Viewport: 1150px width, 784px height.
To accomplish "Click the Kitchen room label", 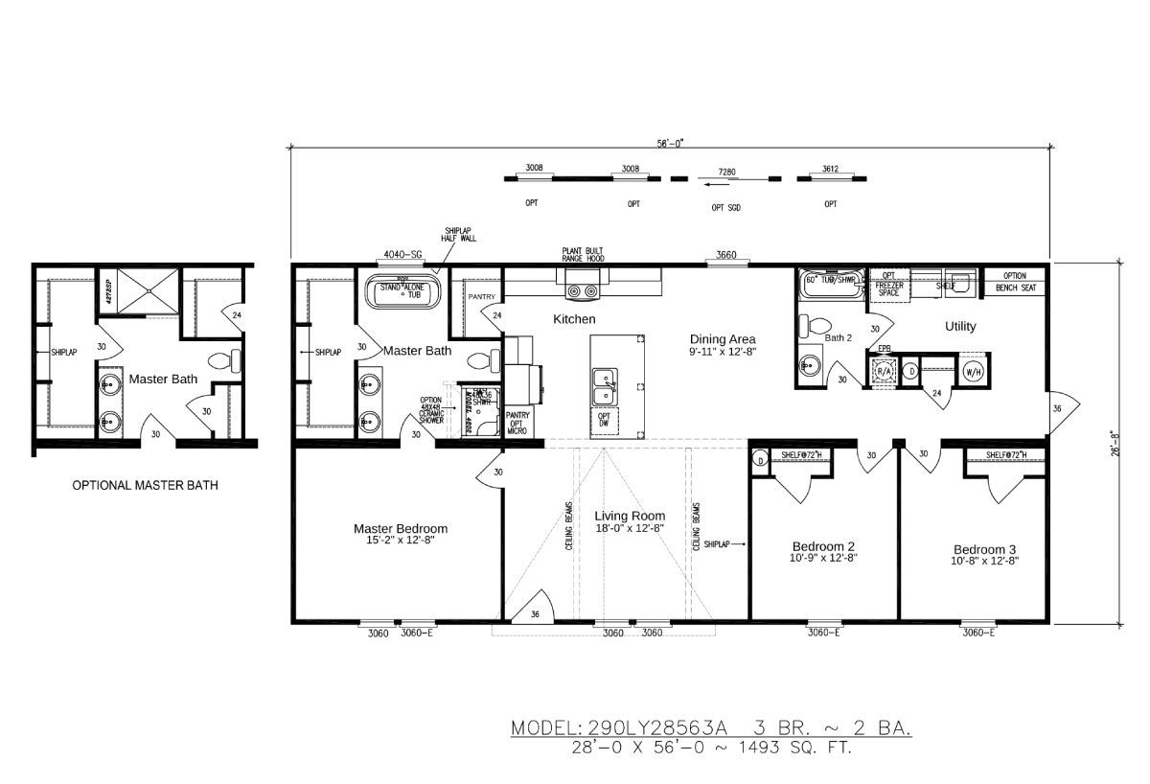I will click(x=574, y=319).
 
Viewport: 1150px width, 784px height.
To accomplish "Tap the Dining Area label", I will click(x=723, y=339).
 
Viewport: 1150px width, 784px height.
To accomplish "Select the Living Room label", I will click(x=629, y=516).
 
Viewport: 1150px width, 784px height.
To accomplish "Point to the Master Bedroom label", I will click(x=400, y=528).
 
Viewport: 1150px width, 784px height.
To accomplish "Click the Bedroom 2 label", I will click(x=822, y=547).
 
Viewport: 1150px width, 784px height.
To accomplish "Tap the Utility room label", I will click(x=960, y=327).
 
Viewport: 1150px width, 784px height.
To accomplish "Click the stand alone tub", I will click(x=402, y=291).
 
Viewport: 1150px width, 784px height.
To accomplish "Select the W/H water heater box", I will click(x=973, y=371).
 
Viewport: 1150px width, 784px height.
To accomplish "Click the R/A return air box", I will click(x=884, y=371).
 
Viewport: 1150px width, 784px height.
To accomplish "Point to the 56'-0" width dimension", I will click(x=670, y=143).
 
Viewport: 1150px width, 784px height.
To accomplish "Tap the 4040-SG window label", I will click(x=402, y=255).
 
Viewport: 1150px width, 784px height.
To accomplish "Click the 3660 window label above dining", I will click(x=725, y=255).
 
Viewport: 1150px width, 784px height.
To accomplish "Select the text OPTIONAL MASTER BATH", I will click(x=146, y=486).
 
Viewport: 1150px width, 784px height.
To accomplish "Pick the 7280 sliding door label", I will click(x=726, y=172).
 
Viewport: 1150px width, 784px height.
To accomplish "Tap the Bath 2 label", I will click(x=839, y=338).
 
